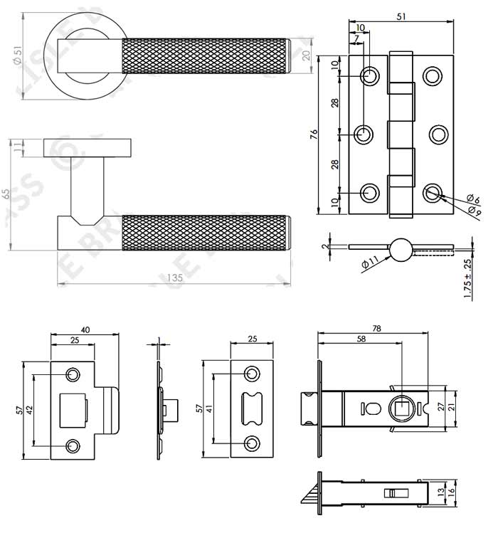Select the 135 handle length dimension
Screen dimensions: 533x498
174,278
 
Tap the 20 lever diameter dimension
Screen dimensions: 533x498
307,56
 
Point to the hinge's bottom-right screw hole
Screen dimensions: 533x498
433,192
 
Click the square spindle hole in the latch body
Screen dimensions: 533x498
403,409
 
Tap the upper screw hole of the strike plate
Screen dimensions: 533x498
73,374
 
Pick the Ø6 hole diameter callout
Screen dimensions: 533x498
471,199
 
